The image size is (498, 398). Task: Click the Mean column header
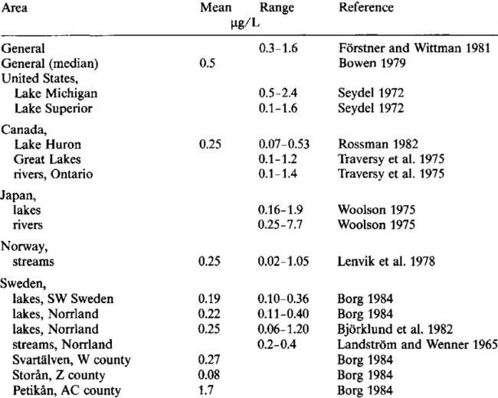(x=215, y=8)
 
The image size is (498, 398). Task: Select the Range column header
(x=277, y=8)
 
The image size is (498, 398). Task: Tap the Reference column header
(x=366, y=8)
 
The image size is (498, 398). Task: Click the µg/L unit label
(x=245, y=24)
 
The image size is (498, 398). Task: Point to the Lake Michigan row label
(x=56, y=93)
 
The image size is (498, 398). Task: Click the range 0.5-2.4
(x=278, y=93)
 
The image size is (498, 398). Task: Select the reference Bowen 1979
(x=372, y=64)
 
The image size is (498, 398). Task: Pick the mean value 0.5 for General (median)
(x=208, y=64)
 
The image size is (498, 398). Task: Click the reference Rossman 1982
(x=378, y=144)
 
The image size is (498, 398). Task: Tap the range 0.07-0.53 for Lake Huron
(x=284, y=145)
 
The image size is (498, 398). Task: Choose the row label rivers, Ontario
(x=53, y=175)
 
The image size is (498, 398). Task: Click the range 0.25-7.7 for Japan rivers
(x=280, y=225)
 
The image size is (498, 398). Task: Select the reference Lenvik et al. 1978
(x=386, y=261)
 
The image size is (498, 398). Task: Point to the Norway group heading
(x=25, y=246)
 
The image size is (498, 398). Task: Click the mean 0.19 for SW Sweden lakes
(x=209, y=298)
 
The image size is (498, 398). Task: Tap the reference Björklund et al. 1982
(x=395, y=329)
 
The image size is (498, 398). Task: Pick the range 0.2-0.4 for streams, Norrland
(x=277, y=344)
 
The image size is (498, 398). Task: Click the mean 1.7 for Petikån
(x=206, y=390)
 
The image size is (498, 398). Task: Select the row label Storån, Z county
(x=59, y=376)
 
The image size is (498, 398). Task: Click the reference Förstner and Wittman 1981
(x=414, y=48)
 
